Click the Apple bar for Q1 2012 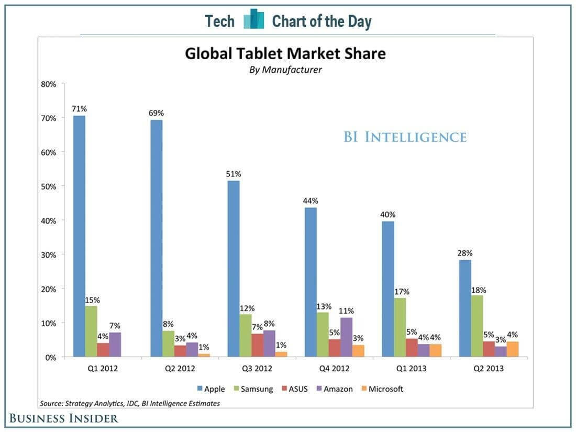(x=79, y=236)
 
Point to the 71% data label (x=79, y=109)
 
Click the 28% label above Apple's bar (x=464, y=253)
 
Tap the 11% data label (x=347, y=311)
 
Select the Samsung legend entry (x=253, y=389)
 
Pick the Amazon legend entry (x=335, y=389)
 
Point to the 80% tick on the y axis (x=48, y=84)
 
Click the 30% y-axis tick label (x=48, y=254)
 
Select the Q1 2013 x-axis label (x=412, y=368)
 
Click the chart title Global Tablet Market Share (x=285, y=53)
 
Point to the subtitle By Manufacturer (x=285, y=70)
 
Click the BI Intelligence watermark (x=405, y=137)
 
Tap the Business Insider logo (x=63, y=418)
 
